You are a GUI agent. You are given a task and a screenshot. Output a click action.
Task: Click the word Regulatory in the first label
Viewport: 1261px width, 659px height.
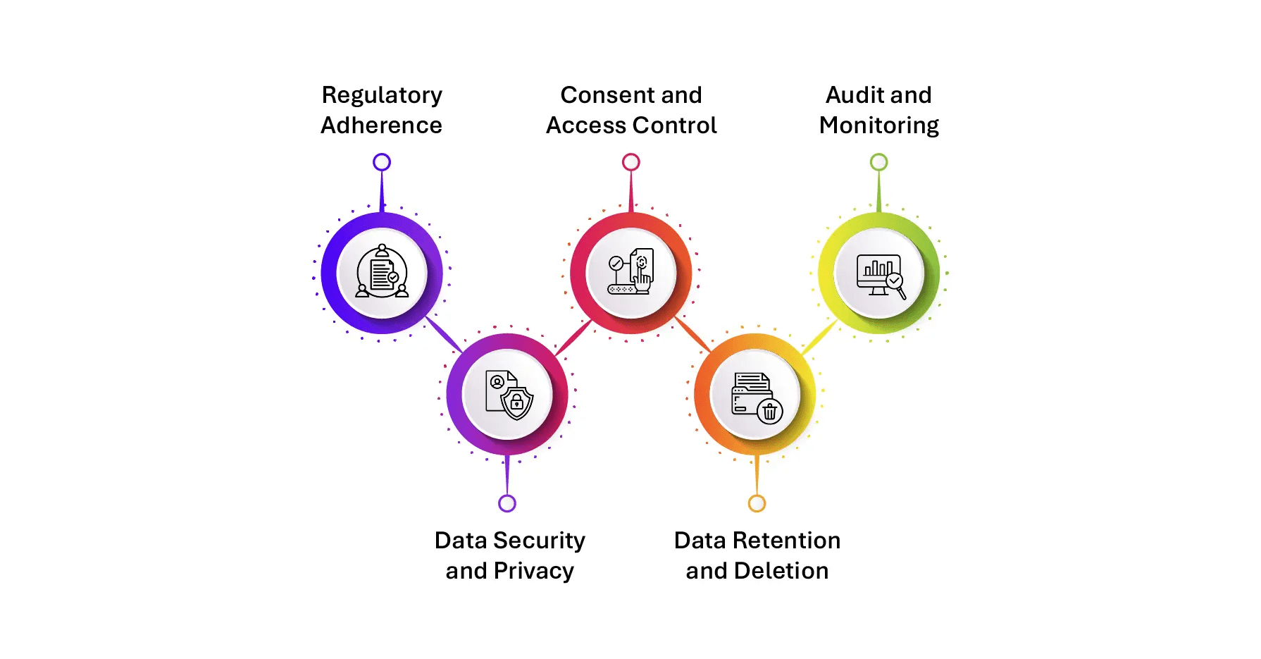[x=382, y=96]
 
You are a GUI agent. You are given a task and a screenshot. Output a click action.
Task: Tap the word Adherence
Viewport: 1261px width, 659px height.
[x=381, y=125]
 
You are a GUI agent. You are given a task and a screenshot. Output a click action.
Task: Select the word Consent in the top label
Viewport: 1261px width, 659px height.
[x=600, y=95]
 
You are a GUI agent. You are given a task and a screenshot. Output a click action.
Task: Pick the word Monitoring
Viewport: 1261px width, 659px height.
[x=878, y=126]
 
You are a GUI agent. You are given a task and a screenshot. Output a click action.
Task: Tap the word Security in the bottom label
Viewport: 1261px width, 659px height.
[x=539, y=541]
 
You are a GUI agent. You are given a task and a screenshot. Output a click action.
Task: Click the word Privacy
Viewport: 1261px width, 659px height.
[x=534, y=571]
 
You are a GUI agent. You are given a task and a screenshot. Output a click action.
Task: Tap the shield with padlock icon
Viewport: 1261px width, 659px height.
[x=517, y=402]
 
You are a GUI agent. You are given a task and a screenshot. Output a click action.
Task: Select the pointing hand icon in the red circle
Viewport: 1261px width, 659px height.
[x=642, y=279]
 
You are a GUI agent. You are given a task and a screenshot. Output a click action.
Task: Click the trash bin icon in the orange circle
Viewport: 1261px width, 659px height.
[x=770, y=411]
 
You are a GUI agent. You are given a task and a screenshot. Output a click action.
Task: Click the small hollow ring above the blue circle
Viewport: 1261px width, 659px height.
[x=382, y=162]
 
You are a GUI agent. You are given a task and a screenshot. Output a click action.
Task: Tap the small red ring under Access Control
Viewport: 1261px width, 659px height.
[x=631, y=162]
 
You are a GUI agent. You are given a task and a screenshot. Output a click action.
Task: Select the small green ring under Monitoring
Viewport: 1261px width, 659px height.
[x=878, y=162]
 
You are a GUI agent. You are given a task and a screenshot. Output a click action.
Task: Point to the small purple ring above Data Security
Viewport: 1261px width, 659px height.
[x=507, y=503]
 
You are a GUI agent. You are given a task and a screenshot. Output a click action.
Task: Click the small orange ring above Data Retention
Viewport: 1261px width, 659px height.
[x=757, y=503]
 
